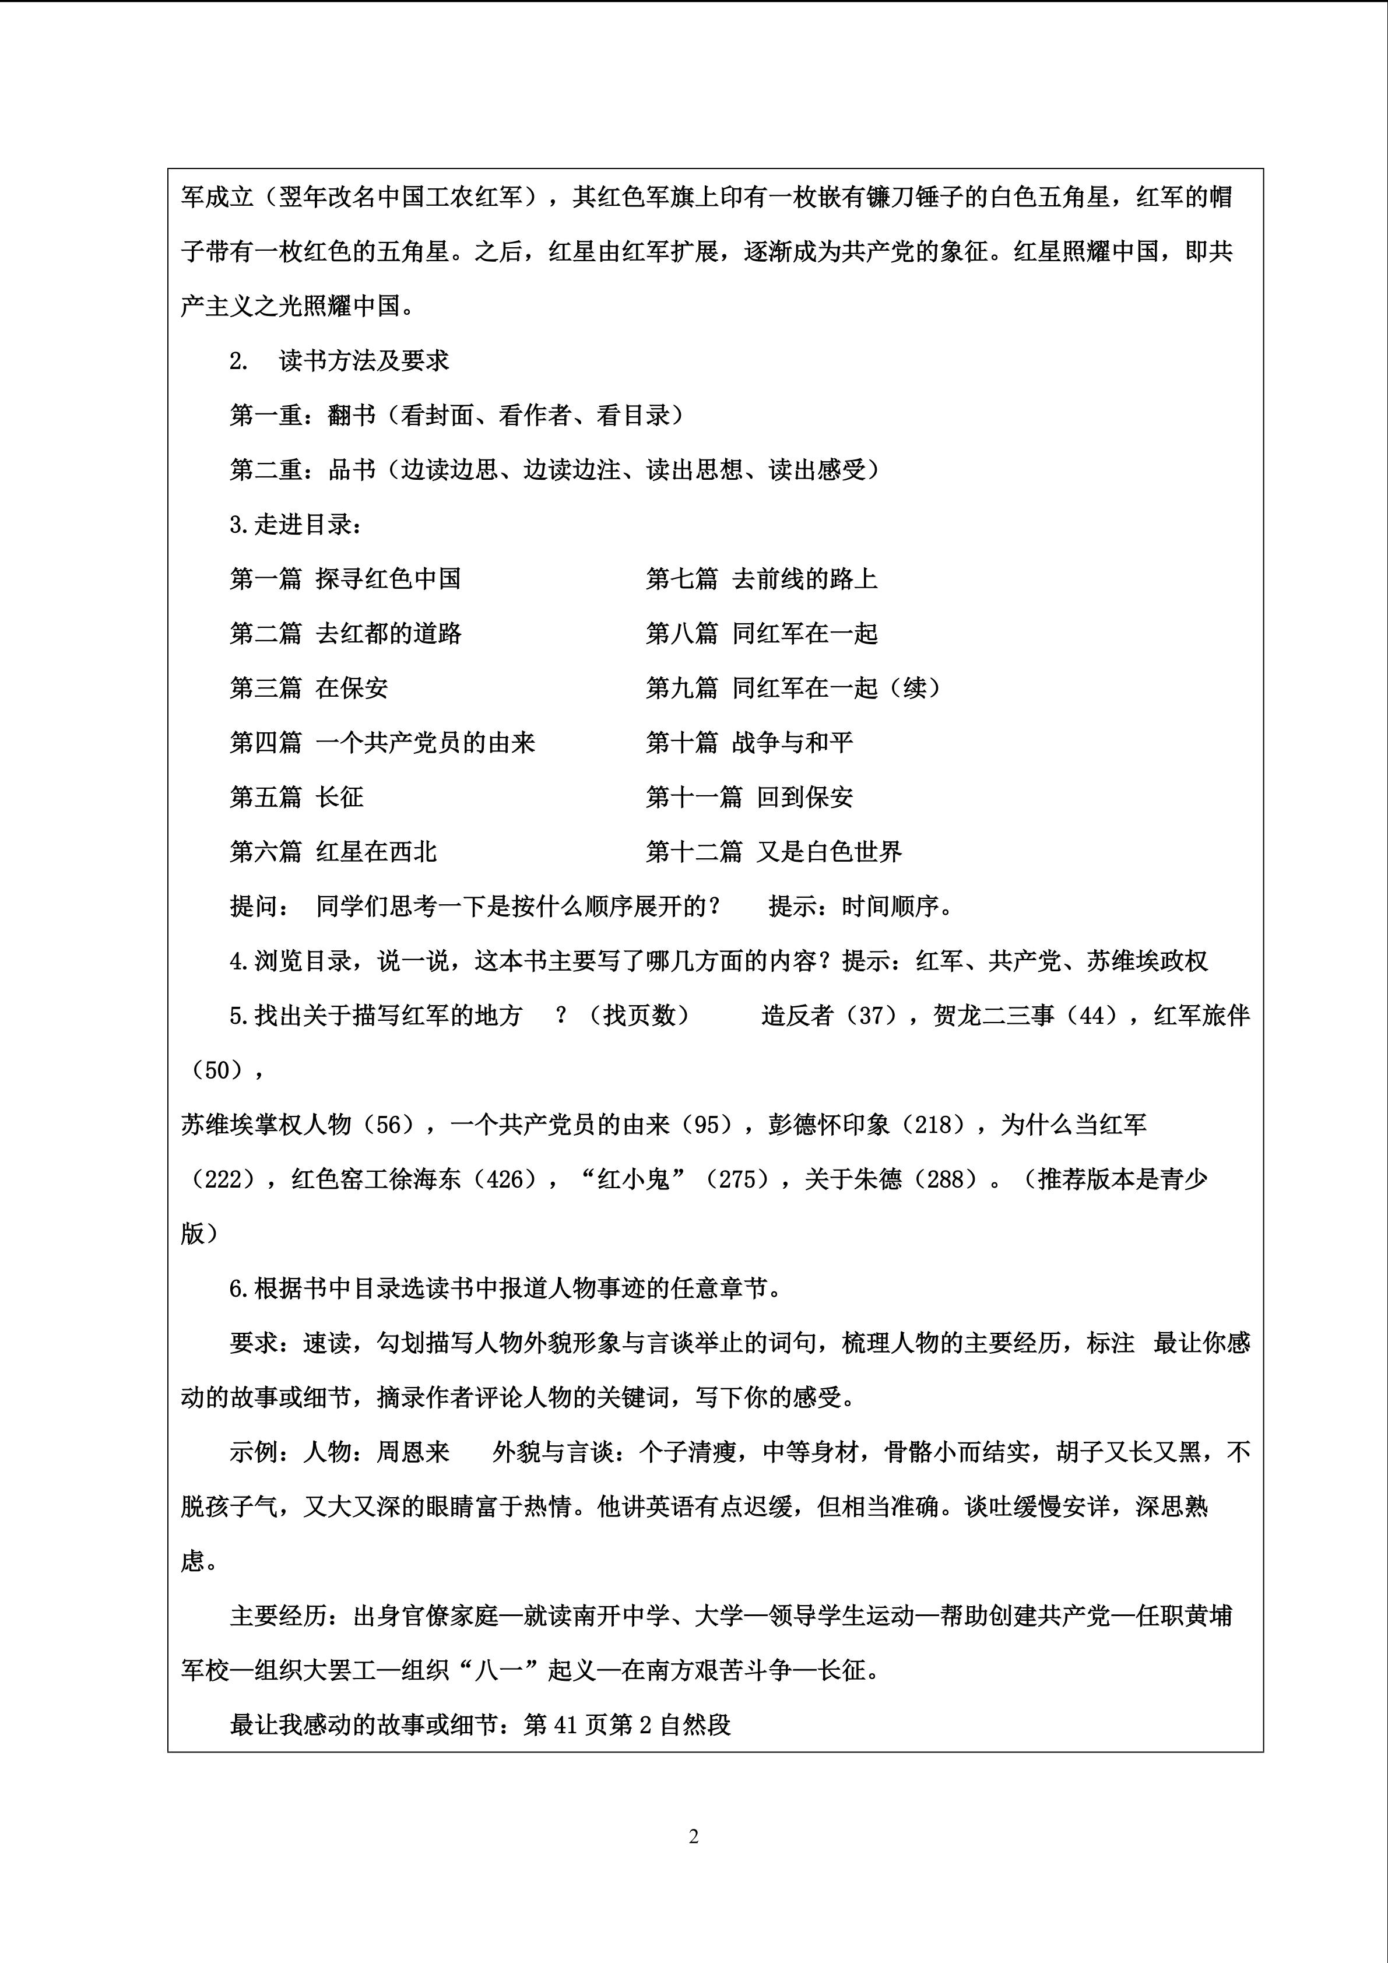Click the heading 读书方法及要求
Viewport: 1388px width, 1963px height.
click(364, 361)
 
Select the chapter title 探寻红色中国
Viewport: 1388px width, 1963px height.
click(388, 579)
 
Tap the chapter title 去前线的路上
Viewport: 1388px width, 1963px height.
click(804, 579)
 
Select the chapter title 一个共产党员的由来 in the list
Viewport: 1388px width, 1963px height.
click(425, 742)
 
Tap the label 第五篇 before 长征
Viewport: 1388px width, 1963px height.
click(266, 797)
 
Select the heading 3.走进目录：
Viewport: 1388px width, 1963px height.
click(296, 524)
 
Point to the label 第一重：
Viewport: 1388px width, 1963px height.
click(277, 416)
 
